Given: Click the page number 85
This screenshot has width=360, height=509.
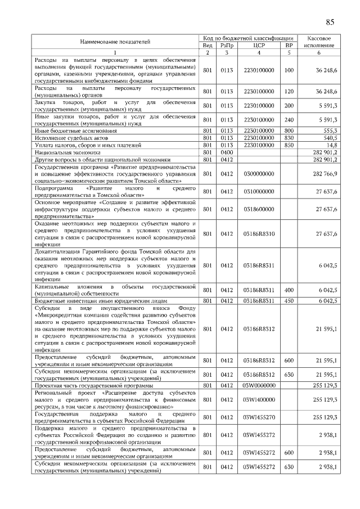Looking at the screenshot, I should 330,22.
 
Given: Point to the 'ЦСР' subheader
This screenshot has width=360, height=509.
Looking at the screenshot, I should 259,45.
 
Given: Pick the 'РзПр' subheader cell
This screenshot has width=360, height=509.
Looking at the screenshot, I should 226,45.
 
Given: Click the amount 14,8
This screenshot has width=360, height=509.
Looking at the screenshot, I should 331,145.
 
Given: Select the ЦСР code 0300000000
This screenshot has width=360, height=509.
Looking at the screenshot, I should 258,174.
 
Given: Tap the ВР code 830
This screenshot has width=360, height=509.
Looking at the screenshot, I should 289,138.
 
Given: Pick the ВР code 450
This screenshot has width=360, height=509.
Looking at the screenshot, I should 289,301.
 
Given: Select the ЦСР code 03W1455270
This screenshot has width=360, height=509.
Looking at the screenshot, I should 258,417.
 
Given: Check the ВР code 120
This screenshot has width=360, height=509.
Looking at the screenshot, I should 289,91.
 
